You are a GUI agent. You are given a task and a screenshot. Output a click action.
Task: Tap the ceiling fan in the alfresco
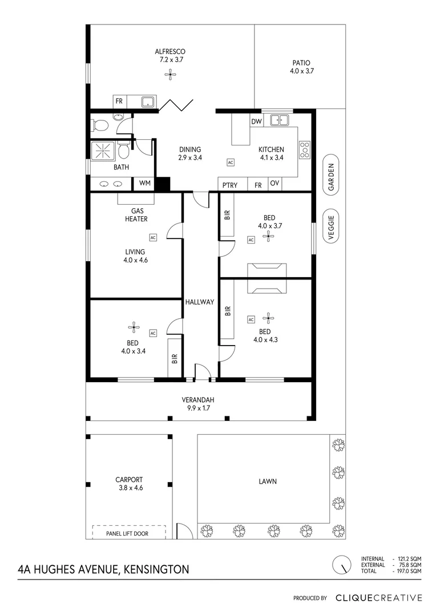[170, 73]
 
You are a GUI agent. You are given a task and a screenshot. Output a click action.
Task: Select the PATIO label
[302, 63]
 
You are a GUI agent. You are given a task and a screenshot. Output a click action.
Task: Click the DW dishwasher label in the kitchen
[256, 121]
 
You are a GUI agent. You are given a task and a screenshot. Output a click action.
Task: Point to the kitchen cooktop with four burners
[305, 149]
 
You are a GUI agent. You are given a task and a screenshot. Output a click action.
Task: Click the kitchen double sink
[279, 120]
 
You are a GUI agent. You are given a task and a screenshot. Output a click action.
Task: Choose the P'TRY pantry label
[230, 185]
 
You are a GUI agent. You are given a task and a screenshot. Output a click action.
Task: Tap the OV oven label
[274, 183]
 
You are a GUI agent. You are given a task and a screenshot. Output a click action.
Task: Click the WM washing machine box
[144, 184]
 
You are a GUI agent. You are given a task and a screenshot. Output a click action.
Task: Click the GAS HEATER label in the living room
[136, 214]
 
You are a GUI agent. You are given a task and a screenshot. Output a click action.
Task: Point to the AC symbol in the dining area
[231, 163]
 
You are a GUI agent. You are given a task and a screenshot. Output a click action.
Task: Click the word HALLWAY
[199, 302]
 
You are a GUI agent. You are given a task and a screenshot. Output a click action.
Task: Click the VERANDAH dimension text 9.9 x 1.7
[198, 408]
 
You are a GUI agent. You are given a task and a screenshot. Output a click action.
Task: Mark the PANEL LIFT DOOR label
[129, 534]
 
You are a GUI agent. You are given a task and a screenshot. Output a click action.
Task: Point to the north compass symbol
[341, 565]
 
